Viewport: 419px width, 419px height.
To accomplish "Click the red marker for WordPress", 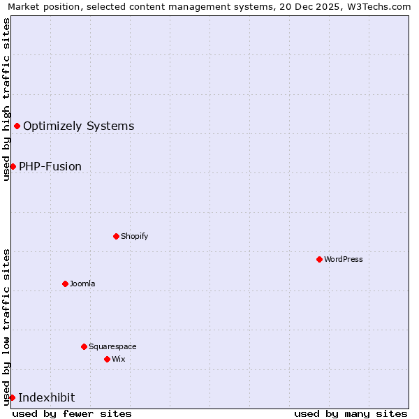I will coord(319,259).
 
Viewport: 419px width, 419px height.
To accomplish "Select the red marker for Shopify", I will coord(116,236).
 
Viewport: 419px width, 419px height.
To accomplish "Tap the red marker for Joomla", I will coord(65,284).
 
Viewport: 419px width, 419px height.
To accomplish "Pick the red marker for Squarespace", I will coord(84,346).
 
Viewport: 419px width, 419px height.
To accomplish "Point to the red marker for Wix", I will coord(107,359).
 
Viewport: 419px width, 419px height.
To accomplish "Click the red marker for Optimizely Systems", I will coord(17,126).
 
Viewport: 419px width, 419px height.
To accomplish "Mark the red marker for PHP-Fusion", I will coord(13,166).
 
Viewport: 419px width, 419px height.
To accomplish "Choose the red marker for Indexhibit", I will coord(12,397).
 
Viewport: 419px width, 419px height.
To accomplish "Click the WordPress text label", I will coord(344,259).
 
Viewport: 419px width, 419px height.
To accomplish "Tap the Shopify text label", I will coord(134,236).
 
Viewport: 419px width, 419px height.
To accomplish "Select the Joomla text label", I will coord(82,284).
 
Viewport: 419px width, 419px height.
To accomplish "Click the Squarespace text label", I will coord(112,346).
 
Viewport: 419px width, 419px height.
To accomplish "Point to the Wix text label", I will coord(119,359).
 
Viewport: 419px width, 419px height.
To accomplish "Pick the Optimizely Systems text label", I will coord(78,126).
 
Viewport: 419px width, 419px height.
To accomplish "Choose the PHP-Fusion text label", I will coord(50,166).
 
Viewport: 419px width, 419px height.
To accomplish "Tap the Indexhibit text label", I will coord(47,397).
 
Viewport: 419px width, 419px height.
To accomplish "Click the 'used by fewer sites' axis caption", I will coord(72,413).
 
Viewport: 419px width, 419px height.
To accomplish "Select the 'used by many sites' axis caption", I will coord(351,413).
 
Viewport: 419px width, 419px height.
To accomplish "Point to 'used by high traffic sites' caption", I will coord(6,99).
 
